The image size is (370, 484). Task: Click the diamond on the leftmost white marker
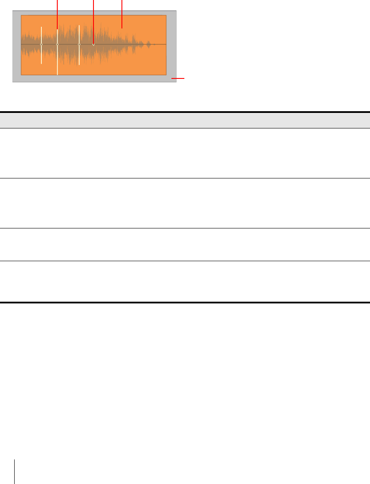pos(41,44)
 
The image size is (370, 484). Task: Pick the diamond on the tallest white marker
pos(57,44)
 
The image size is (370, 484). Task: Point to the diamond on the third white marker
pos(79,44)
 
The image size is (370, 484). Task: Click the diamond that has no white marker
pos(93,44)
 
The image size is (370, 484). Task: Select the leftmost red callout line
pos(57,13)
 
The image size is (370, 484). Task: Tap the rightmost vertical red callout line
pos(122,13)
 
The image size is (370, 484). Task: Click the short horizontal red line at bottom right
pos(178,78)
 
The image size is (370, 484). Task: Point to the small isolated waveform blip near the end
pos(149,44)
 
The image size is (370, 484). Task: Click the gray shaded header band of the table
pos(185,120)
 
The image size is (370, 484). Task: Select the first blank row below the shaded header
pos(185,153)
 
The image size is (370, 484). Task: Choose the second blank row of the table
pos(185,203)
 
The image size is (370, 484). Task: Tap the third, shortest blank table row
pos(185,244)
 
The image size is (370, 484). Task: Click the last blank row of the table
pos(185,281)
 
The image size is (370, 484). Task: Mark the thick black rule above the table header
pos(185,112)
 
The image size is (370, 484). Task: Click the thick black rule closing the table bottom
pos(185,303)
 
